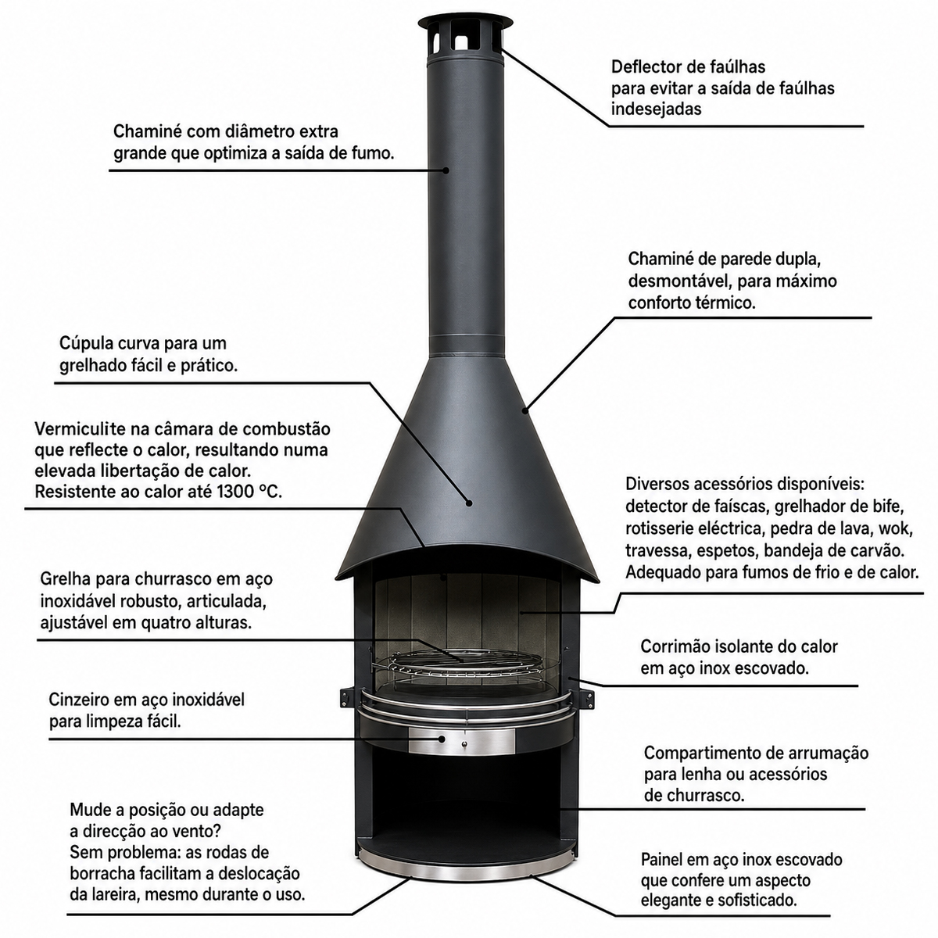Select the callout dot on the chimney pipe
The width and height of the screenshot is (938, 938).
click(x=446, y=170)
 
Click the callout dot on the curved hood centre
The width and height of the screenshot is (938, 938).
click(x=469, y=503)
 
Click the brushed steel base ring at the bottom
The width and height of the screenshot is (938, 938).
click(x=465, y=871)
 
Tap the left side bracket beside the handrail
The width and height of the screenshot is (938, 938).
click(x=345, y=697)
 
